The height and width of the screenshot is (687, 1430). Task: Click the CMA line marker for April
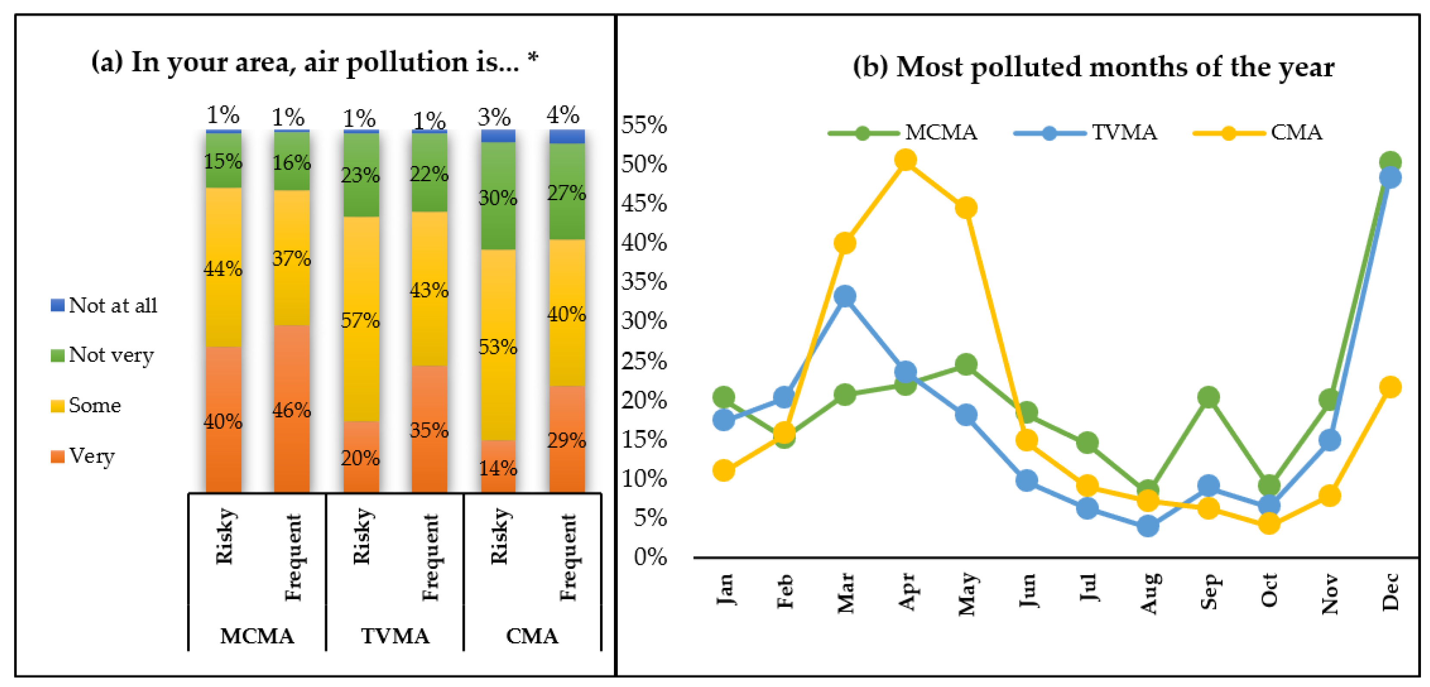point(905,160)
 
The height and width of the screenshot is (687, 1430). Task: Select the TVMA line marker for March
point(845,296)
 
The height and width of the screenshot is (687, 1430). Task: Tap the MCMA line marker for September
point(1208,397)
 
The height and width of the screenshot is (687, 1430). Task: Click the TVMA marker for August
point(1148,526)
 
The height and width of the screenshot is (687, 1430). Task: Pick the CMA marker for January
point(723,471)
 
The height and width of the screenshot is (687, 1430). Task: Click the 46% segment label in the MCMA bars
point(291,411)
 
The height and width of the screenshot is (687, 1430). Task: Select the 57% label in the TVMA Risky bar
point(360,320)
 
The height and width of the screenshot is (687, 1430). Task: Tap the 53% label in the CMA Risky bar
point(498,347)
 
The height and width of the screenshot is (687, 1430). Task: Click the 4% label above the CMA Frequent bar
point(563,115)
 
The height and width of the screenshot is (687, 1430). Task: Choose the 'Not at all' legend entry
point(104,305)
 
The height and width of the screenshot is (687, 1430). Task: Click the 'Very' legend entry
point(82,456)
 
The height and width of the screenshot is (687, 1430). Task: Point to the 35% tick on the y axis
point(644,282)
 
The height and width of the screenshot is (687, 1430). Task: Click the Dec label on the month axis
point(1390,592)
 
